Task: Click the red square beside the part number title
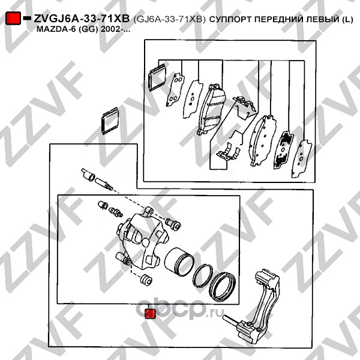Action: pos(13,18)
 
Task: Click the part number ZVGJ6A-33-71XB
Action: pos(82,19)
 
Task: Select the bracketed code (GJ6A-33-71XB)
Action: pos(169,19)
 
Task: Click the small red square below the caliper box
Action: pos(150,314)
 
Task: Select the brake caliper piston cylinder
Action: pos(179,262)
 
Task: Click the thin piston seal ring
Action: pos(203,275)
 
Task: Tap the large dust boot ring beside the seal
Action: pos(222,287)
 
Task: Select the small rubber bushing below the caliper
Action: pos(146,280)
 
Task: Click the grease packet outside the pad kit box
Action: pos(110,121)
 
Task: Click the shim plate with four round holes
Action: pos(175,90)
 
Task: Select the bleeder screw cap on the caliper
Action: pos(103,205)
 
